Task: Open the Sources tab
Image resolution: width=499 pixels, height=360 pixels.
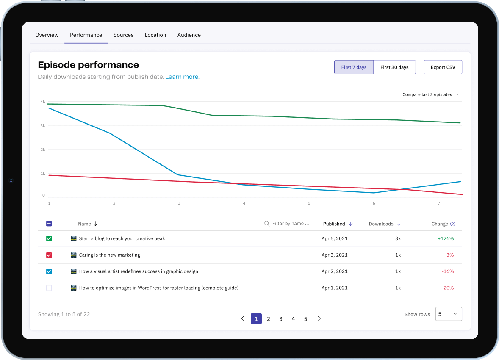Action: (x=123, y=35)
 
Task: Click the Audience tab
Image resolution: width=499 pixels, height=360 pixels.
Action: (x=189, y=35)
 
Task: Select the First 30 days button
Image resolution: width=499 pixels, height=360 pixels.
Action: (x=394, y=67)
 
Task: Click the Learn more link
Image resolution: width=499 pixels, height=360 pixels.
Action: (x=182, y=77)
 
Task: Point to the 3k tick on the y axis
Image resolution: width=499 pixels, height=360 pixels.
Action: (x=43, y=126)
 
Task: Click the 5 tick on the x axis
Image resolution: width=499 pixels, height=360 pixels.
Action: (x=309, y=203)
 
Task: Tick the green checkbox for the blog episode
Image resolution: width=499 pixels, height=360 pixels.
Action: (x=49, y=239)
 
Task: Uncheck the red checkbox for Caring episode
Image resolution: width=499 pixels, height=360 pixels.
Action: (x=49, y=255)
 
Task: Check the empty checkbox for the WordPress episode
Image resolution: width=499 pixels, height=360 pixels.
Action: (x=49, y=288)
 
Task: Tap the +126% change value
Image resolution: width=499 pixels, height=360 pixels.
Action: (x=446, y=239)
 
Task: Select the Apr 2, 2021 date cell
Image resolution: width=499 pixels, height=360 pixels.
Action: (x=335, y=271)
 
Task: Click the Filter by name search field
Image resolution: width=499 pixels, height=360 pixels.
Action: (x=286, y=224)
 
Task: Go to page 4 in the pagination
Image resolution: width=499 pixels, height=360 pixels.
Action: (x=293, y=319)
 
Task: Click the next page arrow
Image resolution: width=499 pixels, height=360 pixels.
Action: (x=319, y=318)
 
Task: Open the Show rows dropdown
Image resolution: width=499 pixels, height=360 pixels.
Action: (x=449, y=314)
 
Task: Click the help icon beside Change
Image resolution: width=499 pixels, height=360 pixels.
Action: (x=452, y=224)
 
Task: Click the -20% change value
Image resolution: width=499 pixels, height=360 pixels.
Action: (x=447, y=288)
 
